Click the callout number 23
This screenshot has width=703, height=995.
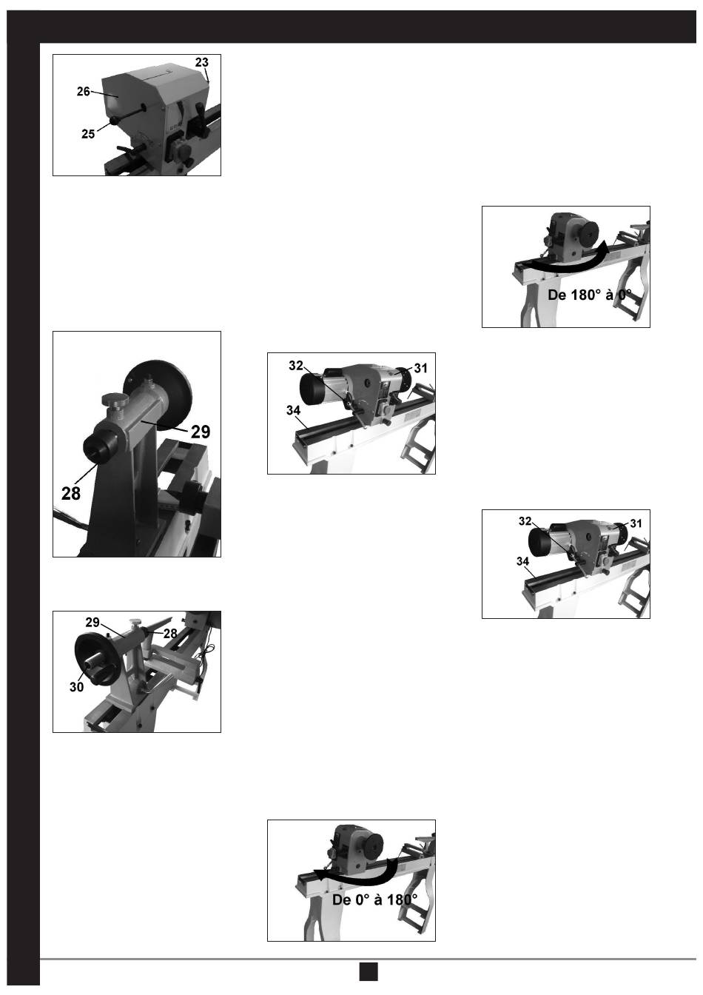[201, 62]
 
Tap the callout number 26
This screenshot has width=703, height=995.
[84, 92]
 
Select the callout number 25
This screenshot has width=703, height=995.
[88, 134]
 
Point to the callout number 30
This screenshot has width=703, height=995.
[76, 687]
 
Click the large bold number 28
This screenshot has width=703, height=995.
[71, 493]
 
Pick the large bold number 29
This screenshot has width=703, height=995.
[201, 432]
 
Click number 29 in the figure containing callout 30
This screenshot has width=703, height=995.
[92, 623]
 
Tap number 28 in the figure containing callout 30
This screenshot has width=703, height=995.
[170, 634]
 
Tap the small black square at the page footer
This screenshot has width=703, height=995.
[369, 971]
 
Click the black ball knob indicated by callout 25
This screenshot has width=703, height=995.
[114, 121]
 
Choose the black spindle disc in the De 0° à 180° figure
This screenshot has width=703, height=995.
[371, 845]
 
